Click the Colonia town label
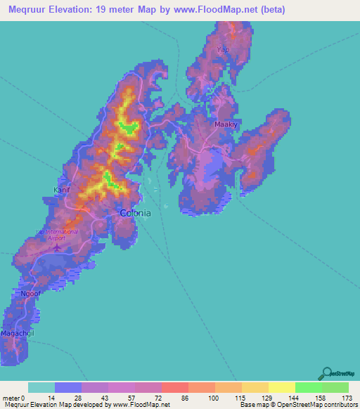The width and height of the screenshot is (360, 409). tap(136, 214)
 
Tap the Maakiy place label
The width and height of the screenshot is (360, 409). tap(224, 124)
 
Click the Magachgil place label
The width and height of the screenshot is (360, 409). tap(18, 332)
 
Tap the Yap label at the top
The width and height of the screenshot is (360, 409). tap(224, 50)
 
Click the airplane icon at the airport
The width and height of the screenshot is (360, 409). tap(59, 246)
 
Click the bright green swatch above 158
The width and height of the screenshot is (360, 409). tap(308, 387)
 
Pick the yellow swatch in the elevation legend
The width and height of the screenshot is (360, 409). tap(281, 387)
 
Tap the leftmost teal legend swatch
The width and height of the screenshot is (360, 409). tap(41, 387)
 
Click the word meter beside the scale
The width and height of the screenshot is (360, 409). tap(11, 398)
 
